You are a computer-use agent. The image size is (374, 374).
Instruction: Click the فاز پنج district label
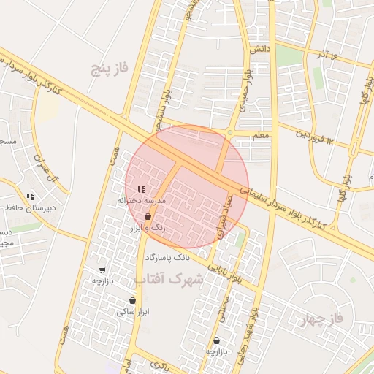[110, 69]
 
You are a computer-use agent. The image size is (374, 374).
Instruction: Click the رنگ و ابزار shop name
[148, 229]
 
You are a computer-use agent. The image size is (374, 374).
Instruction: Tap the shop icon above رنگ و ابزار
[148, 217]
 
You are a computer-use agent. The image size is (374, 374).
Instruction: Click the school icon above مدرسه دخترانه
[142, 189]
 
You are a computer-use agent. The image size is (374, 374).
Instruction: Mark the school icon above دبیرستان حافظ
[31, 196]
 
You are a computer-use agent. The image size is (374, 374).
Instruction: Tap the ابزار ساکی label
[133, 312]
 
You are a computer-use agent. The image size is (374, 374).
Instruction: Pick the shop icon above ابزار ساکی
[132, 300]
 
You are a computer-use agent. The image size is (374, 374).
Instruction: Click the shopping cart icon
[102, 270]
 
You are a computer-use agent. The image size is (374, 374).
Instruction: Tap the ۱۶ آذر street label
[324, 56]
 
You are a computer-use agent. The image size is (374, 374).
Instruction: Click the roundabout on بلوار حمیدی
[229, 132]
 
